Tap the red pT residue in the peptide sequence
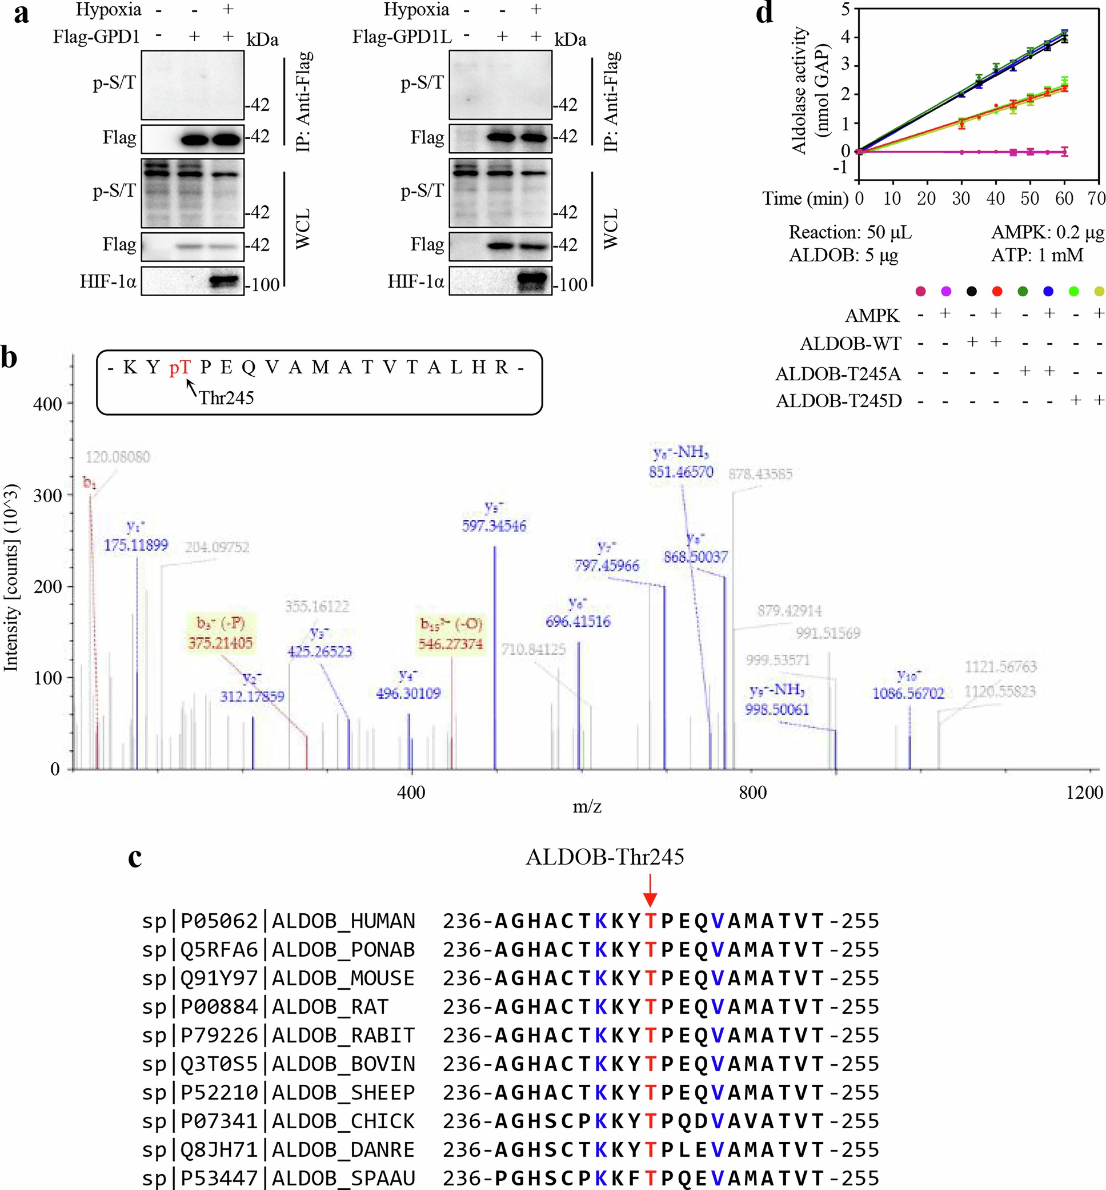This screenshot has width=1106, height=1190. [179, 367]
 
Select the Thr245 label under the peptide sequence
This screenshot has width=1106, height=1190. [226, 397]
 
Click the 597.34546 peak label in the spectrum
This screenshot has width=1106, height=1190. [494, 526]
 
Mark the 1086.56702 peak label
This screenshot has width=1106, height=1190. [908, 693]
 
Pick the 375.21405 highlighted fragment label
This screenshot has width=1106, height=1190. [220, 643]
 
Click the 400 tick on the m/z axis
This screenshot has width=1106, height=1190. [411, 793]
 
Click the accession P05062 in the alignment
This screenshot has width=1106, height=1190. [219, 921]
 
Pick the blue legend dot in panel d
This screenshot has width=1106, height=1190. [1048, 292]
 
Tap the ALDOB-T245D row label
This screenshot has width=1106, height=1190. [839, 400]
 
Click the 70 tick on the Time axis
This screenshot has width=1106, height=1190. [1096, 198]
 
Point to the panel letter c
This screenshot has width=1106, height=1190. [135, 857]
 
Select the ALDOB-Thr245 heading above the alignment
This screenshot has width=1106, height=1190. [605, 857]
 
